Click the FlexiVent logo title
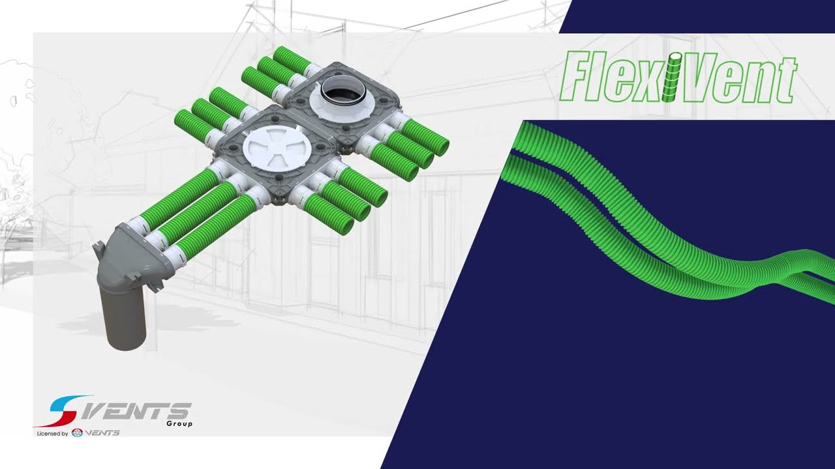pyautogui.click(x=678, y=77)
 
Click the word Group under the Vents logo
pyautogui.click(x=179, y=423)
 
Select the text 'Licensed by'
pyautogui.click(x=52, y=433)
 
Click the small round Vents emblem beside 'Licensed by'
pyautogui.click(x=77, y=433)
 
